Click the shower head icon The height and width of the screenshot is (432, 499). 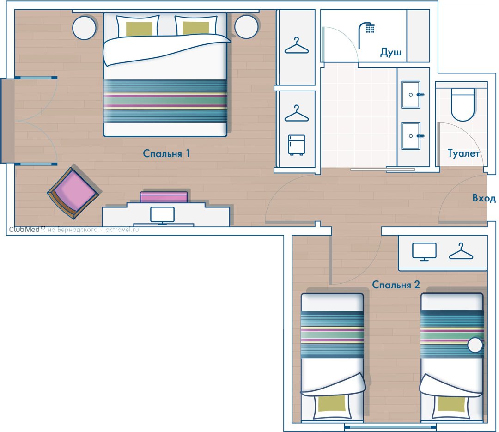coord(366,35)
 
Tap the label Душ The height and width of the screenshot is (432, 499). coord(390,52)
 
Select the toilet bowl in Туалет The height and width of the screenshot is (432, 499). coord(462,104)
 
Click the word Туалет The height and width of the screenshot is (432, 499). coord(463,153)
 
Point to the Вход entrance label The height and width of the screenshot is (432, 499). coord(484,198)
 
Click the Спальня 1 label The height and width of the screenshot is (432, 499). coord(166,153)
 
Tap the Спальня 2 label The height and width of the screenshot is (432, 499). coord(396,284)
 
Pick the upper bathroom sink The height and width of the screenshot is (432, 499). coord(411,95)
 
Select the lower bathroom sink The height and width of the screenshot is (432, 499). coord(411,136)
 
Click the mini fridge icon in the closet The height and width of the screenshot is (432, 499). coord(297,145)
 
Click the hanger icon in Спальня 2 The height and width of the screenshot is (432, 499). coord(461,251)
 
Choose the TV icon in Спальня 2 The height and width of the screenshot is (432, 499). coord(424,252)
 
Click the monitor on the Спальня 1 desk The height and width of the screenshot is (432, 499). coord(162,216)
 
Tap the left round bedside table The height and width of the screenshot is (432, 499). coord(85,27)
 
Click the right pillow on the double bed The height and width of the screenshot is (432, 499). coord(196,25)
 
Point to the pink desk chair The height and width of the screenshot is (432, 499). coord(164,197)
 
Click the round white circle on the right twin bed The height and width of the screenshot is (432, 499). coord(475,345)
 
